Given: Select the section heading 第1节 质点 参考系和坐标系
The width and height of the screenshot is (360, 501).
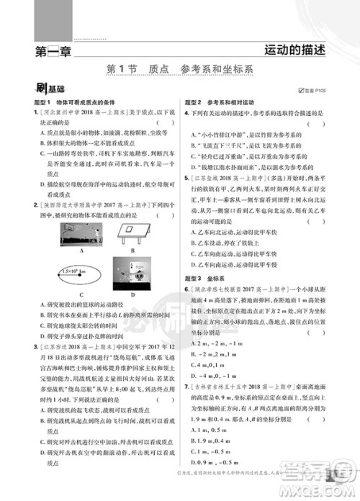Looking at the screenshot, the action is click(x=179, y=69).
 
